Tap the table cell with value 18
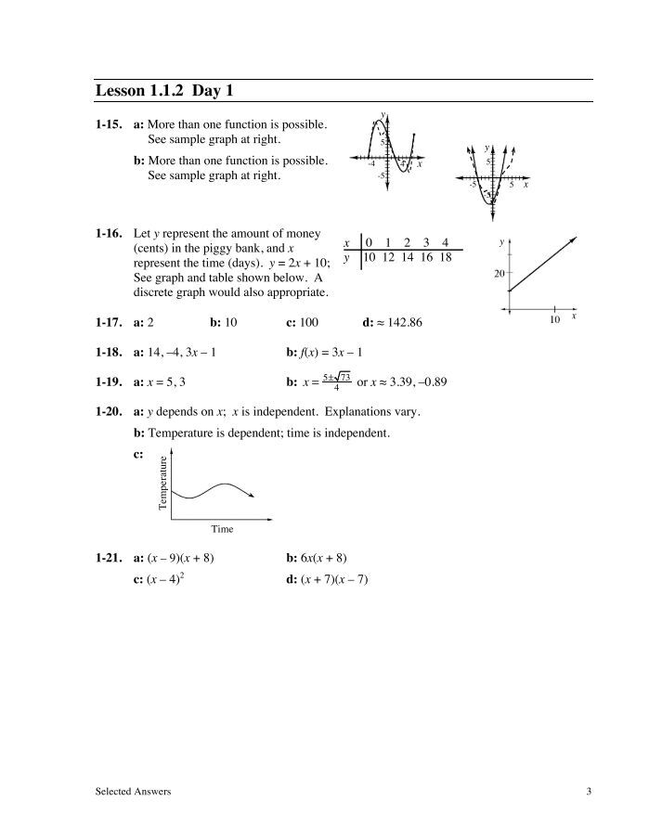pos(445,257)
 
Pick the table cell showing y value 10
pos(369,257)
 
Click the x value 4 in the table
pos(445,243)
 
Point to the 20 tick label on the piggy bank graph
pos(499,273)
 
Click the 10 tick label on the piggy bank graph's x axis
pos(554,320)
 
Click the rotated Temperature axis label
pos(163,484)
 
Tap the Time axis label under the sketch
pos(222,529)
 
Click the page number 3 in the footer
pos(589,791)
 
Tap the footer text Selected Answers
pos(133,791)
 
